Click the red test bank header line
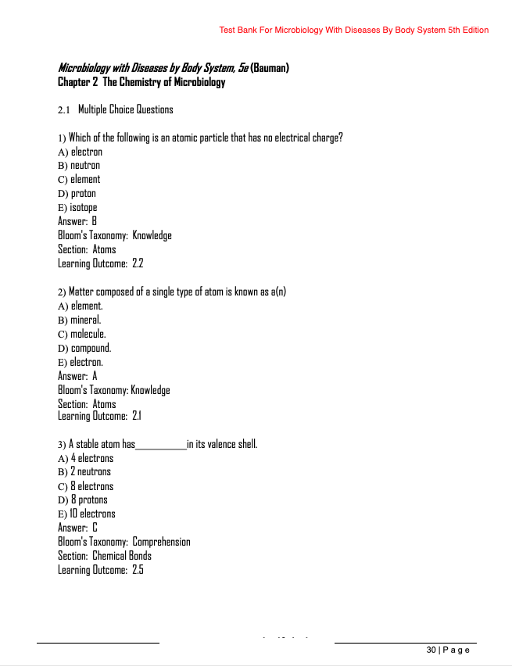[x=354, y=30]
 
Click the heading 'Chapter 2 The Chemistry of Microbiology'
[x=141, y=82]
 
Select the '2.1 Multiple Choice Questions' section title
[x=116, y=109]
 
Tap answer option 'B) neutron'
[x=79, y=166]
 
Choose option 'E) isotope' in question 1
[x=77, y=208]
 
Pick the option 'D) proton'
[x=77, y=194]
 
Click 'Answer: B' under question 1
[x=77, y=222]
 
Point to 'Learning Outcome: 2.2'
[x=101, y=264]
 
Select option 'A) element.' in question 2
[x=80, y=306]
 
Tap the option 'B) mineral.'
[x=80, y=320]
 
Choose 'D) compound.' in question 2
[x=84, y=348]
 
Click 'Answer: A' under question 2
[x=77, y=376]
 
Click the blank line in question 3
[x=161, y=446]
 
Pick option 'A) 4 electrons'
[x=85, y=459]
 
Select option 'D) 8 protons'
[x=83, y=500]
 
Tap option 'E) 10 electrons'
[x=87, y=514]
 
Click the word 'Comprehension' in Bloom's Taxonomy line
[x=162, y=542]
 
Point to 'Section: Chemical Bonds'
[x=105, y=557]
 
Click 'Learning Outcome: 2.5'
[x=101, y=571]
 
